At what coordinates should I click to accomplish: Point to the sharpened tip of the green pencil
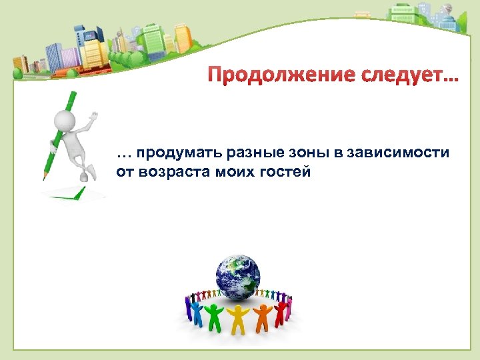45,177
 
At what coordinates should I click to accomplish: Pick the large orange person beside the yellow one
262,317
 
